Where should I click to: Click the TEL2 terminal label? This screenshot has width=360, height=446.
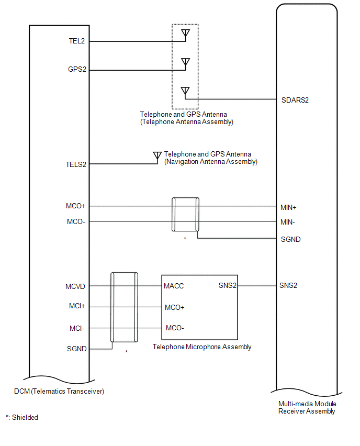click(76, 41)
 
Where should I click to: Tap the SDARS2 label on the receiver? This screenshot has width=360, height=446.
click(295, 99)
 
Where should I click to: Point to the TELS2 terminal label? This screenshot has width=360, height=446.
click(75, 164)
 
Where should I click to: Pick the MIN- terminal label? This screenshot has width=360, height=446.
click(288, 222)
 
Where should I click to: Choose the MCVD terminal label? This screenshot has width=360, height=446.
click(75, 286)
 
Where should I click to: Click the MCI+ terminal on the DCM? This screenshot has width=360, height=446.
click(77, 307)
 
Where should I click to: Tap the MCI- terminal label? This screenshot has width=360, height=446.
click(77, 328)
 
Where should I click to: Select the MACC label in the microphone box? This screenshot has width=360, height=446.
click(174, 286)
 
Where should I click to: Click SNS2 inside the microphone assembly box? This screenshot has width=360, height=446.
click(227, 286)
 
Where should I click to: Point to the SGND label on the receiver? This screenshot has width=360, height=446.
click(290, 239)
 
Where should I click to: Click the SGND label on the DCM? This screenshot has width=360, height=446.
click(76, 349)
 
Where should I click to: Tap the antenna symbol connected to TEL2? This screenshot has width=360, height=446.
click(185, 34)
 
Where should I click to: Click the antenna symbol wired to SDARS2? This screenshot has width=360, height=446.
click(185, 91)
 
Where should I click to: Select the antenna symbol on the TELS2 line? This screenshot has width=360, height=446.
click(156, 156)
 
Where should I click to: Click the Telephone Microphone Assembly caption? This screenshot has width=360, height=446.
click(202, 347)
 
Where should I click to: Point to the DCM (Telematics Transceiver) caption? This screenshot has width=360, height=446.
click(59, 391)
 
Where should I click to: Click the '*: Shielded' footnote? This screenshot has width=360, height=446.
click(22, 417)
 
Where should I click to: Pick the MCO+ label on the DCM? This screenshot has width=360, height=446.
click(76, 206)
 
